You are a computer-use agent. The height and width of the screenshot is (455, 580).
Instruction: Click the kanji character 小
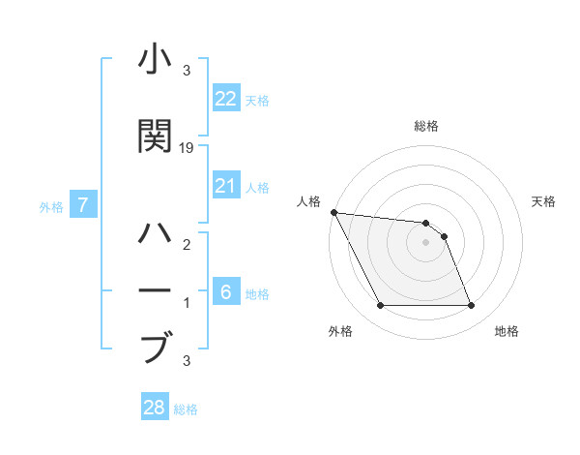pos(156,60)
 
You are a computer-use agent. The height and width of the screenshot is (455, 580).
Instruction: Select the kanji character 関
pos(156,136)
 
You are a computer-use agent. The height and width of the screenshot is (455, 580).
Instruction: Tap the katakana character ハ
pos(156,234)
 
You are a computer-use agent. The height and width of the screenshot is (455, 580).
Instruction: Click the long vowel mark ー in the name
pos(156,289)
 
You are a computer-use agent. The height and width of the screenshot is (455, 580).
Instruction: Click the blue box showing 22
pos(225,99)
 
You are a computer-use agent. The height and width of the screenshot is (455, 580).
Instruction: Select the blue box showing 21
pos(225,186)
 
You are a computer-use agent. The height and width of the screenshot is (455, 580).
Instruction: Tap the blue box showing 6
pos(225,292)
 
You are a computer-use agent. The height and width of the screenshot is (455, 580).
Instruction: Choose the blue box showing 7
pos(84,205)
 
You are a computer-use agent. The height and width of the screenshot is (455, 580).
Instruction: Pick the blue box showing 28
pos(155,408)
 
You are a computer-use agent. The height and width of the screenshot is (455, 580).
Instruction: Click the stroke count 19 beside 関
pos(188,147)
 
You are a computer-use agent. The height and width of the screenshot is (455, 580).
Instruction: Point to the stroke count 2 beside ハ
pos(188,246)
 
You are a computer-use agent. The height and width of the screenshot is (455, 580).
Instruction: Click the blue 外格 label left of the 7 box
pos(51,206)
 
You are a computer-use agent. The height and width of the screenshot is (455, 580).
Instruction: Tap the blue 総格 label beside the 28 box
pos(187,409)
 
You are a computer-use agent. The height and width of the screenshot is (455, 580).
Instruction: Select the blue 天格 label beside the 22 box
pos(257,101)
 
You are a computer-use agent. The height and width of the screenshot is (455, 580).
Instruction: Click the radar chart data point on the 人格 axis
pos(333,212)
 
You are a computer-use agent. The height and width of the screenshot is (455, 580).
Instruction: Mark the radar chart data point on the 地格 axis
pos(471,306)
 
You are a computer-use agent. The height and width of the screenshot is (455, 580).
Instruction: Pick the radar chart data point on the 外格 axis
pos(380,306)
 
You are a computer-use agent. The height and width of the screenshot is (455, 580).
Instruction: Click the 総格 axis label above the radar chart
pos(425,126)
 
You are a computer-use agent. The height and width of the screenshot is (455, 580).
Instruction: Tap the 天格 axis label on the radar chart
pos(544,201)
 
